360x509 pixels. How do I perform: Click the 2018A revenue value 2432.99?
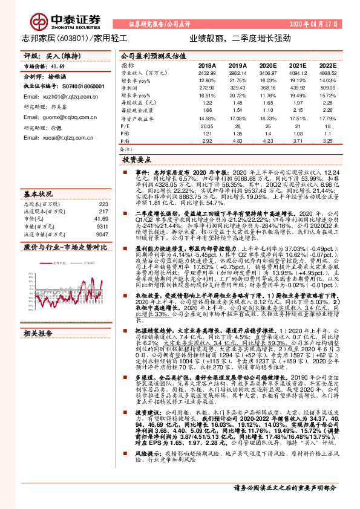coord(206,73)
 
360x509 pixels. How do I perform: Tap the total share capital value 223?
coord(103,204)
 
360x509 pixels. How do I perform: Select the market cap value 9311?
coord(102,225)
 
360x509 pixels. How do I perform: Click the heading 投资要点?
coord(137,161)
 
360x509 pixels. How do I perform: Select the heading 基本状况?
coord(38,194)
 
